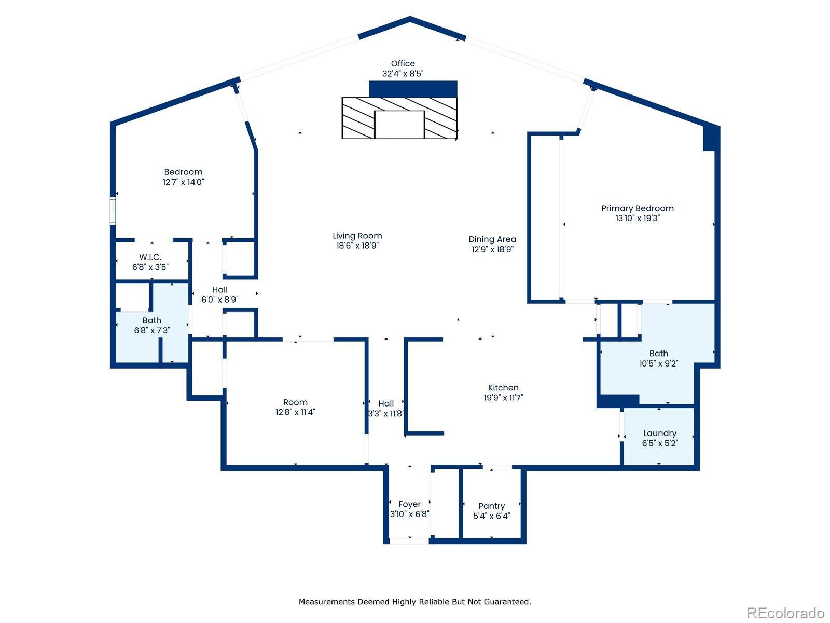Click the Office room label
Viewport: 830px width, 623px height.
point(403,63)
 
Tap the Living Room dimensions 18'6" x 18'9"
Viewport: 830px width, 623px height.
point(357,246)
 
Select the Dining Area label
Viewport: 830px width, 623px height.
point(492,239)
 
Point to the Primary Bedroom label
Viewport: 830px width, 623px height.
point(638,208)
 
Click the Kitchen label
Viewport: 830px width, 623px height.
point(503,387)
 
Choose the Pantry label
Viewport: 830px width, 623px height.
point(492,506)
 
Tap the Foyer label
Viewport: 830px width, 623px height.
point(409,504)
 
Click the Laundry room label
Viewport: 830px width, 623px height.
point(660,433)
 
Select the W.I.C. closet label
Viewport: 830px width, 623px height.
point(150,257)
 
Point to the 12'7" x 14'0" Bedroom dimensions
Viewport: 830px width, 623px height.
point(184,182)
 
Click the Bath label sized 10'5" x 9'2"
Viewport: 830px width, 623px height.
point(659,354)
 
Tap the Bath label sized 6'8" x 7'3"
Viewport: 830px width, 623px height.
point(152,320)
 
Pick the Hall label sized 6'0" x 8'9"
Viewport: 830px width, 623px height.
point(220,289)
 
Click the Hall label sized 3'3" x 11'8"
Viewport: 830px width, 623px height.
point(386,403)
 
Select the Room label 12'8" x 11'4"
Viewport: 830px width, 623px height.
point(295,402)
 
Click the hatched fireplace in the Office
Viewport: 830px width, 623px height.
point(399,118)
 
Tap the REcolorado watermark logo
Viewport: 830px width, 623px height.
point(785,613)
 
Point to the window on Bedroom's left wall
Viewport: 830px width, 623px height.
point(113,211)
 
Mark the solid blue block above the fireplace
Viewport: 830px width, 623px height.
point(413,89)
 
